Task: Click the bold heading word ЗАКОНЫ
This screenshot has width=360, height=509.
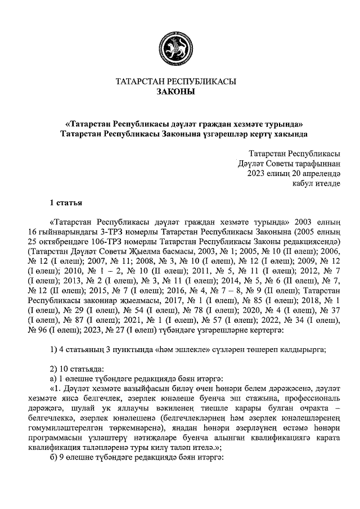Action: click(x=175, y=92)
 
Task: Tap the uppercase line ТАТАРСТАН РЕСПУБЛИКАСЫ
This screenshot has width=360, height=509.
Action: click(x=175, y=82)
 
